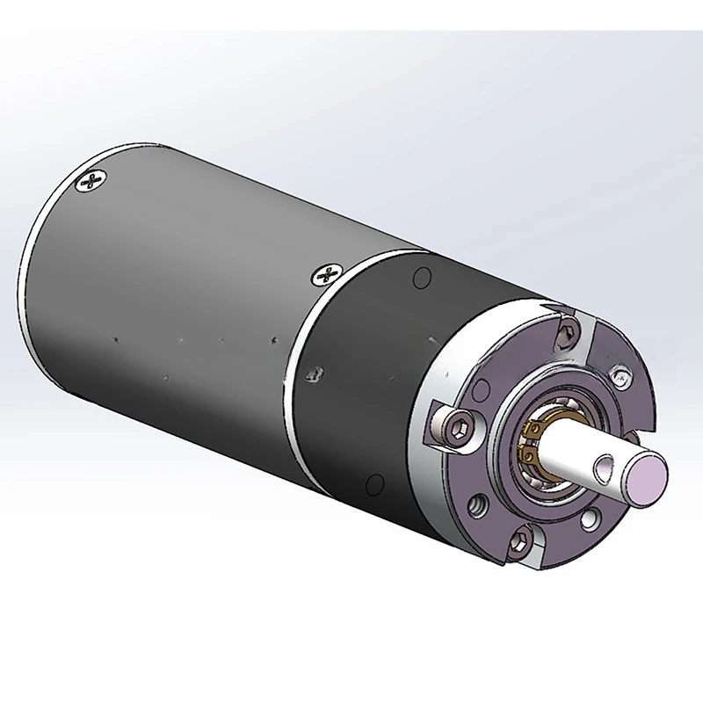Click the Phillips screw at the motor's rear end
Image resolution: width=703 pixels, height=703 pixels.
click(x=91, y=183)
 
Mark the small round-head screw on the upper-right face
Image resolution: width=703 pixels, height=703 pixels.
click(x=620, y=379)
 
